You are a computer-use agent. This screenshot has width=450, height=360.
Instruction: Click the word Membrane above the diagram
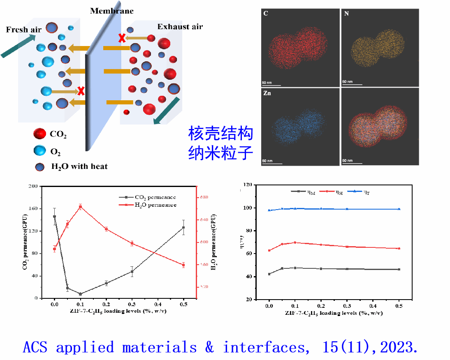click(x=112, y=11)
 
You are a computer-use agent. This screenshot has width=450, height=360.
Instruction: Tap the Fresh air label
click(x=24, y=30)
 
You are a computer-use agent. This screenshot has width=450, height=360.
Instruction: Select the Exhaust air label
click(x=180, y=27)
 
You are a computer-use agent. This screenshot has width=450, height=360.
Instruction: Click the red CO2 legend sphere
click(x=40, y=134)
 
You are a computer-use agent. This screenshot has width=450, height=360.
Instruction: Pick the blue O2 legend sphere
click(x=40, y=151)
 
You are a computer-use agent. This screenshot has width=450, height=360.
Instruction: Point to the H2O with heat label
click(x=79, y=166)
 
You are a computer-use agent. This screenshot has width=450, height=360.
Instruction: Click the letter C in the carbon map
click(x=266, y=14)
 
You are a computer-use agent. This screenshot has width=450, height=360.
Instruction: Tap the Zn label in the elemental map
click(x=267, y=93)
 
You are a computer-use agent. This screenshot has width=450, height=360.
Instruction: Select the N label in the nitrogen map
click(x=346, y=14)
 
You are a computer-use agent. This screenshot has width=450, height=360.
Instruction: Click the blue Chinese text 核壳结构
click(x=220, y=134)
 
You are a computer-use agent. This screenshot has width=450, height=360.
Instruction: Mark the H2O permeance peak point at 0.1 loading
click(x=80, y=206)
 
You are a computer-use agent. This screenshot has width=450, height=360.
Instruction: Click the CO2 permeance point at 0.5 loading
click(x=183, y=227)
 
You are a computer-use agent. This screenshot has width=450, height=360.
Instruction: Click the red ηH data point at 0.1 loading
click(x=295, y=242)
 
